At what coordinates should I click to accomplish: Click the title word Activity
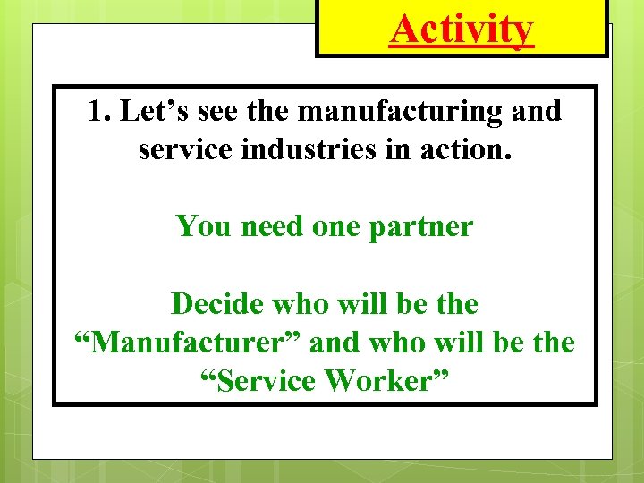click(x=462, y=30)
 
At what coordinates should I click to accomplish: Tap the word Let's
click(x=150, y=112)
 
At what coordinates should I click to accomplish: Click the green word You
click(x=203, y=226)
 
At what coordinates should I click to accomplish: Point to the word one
click(x=337, y=226)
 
